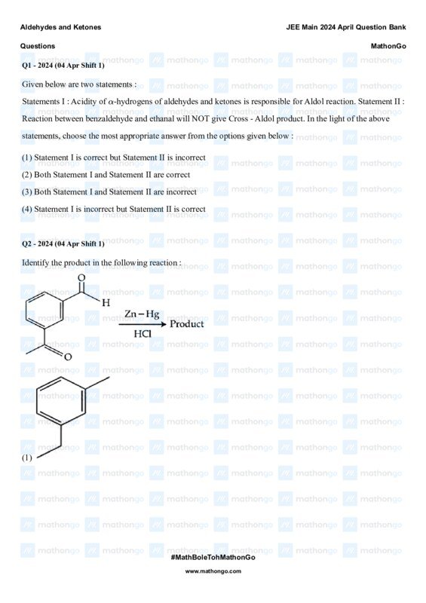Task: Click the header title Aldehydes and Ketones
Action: click(60, 27)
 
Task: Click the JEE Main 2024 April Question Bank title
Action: click(346, 27)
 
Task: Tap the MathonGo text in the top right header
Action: click(388, 46)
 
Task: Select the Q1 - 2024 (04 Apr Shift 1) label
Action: click(63, 66)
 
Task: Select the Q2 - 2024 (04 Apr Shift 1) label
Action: click(63, 243)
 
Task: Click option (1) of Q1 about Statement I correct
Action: click(114, 158)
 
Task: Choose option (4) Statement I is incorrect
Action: click(114, 209)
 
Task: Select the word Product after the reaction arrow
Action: click(186, 324)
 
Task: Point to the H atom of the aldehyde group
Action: click(106, 302)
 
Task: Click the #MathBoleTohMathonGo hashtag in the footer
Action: click(213, 556)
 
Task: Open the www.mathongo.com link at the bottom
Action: click(213, 571)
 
